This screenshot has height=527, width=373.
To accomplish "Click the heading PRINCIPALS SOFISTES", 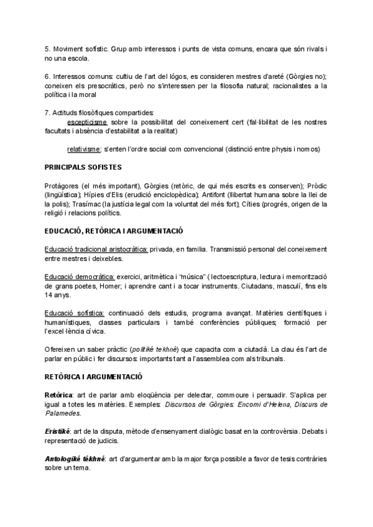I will [83, 167].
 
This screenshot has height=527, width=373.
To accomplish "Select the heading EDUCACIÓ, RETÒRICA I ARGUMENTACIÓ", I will [113, 231].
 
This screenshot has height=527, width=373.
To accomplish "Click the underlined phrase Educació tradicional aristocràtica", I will [96, 249].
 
